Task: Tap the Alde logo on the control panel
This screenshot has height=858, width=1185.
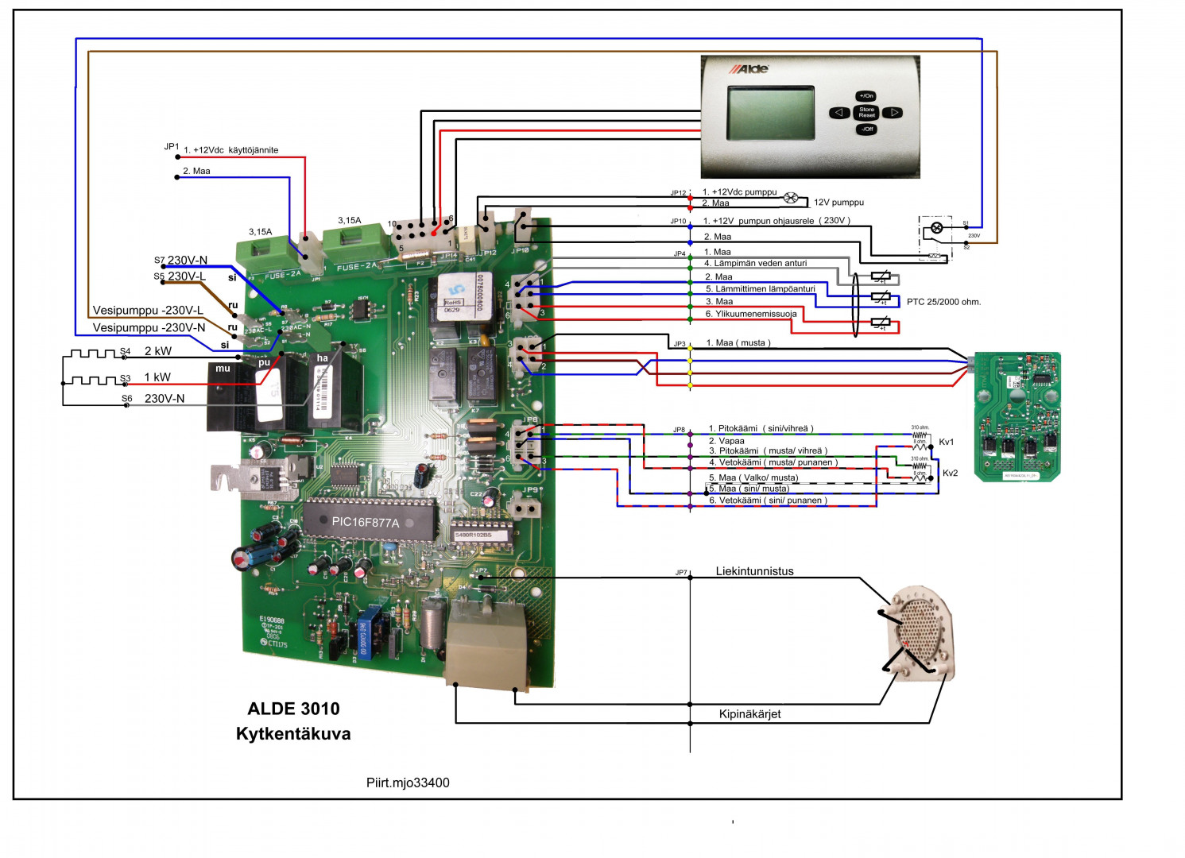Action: click(749, 69)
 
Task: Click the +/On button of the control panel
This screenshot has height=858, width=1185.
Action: click(866, 95)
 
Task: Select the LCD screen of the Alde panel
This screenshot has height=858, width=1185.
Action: click(771, 113)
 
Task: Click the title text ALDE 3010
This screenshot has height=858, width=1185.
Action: click(293, 709)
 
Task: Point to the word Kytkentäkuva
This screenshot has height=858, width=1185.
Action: click(293, 734)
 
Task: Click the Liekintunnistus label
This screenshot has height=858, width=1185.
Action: click(754, 571)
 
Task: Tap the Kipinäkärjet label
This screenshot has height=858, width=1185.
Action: click(749, 714)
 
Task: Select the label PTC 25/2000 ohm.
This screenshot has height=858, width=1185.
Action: click(943, 302)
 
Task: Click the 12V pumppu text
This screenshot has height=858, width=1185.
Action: click(838, 203)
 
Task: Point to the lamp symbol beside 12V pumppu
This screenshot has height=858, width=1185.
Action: click(791, 198)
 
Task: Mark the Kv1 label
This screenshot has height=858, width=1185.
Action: click(947, 442)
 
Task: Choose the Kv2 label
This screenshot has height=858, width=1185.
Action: click(950, 473)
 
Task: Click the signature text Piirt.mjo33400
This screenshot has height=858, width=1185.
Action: click(408, 783)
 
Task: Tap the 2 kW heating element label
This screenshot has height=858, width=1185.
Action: click(157, 351)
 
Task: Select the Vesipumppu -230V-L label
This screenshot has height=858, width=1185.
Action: click(148, 311)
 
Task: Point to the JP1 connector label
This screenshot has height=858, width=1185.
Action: click(172, 147)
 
